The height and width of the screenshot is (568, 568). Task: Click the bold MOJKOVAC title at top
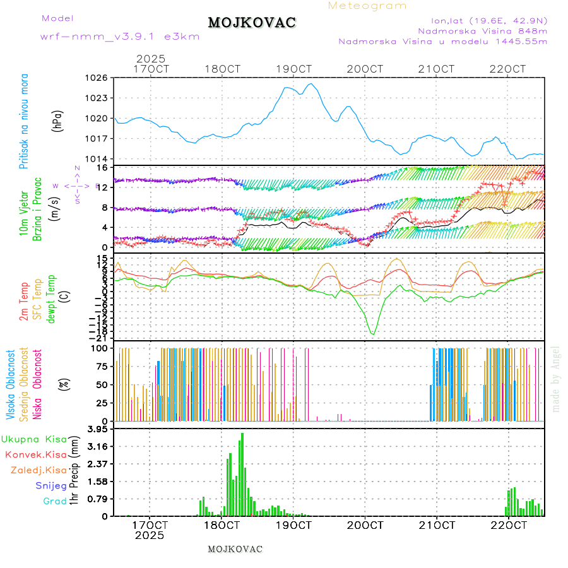coord(252,23)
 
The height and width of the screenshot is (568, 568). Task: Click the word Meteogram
coord(367,6)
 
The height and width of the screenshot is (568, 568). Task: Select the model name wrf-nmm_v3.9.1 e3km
coord(120,37)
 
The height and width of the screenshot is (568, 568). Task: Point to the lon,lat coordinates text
coord(489,20)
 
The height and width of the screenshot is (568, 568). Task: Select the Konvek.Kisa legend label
coord(35,454)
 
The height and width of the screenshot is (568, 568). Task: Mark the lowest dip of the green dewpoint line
coord(372,334)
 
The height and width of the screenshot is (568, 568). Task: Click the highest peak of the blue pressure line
coord(310,84)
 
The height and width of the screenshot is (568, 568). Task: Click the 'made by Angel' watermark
coord(556,379)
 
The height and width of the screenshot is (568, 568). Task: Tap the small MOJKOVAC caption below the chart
coord(235,549)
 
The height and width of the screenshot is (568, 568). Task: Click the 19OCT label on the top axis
coord(293,68)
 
